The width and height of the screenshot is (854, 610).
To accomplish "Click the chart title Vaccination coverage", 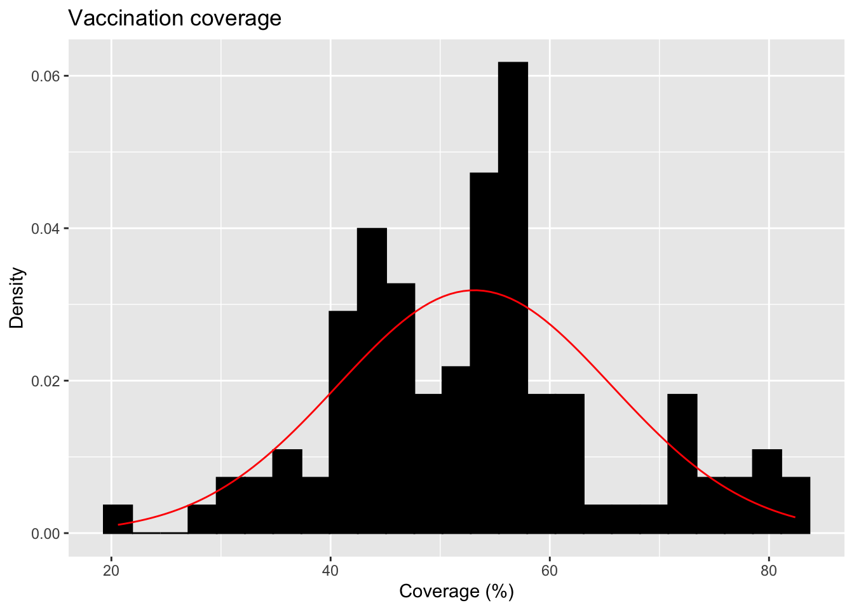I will point(175,18).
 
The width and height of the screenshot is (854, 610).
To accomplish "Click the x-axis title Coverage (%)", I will point(456,592).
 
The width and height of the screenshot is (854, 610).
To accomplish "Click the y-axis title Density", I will point(17,297).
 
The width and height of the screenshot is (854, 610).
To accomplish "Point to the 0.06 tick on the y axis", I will point(45,76).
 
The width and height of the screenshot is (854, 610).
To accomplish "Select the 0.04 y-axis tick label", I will point(45,229).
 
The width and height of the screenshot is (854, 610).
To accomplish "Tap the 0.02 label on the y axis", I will point(45,381).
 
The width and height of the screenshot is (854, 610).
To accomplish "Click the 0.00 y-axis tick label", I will point(45,534).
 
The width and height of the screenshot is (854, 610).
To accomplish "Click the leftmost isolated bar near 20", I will point(118,519).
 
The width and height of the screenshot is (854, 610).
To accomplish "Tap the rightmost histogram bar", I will point(796,505).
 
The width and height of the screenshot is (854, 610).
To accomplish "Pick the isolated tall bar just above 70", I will point(682,464).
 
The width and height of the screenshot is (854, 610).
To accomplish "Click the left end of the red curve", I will point(119,525).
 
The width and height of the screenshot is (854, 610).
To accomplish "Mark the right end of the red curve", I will point(794,517).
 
